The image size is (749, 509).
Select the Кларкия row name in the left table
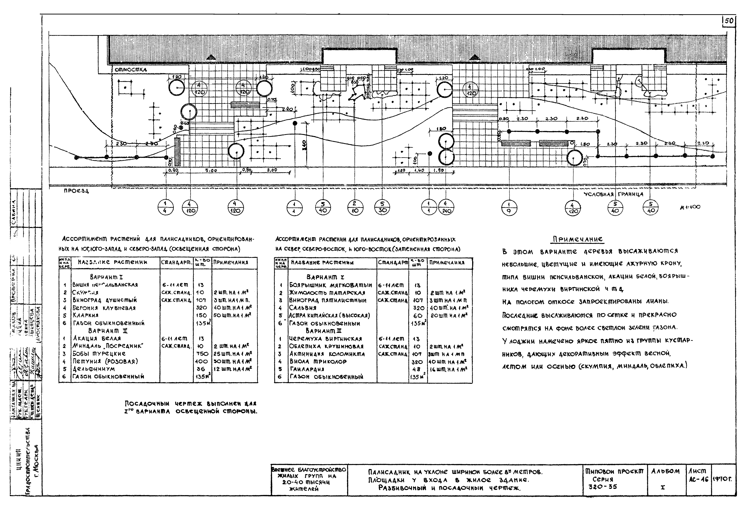click(85, 315)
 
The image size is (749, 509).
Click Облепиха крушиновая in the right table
click(326, 346)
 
